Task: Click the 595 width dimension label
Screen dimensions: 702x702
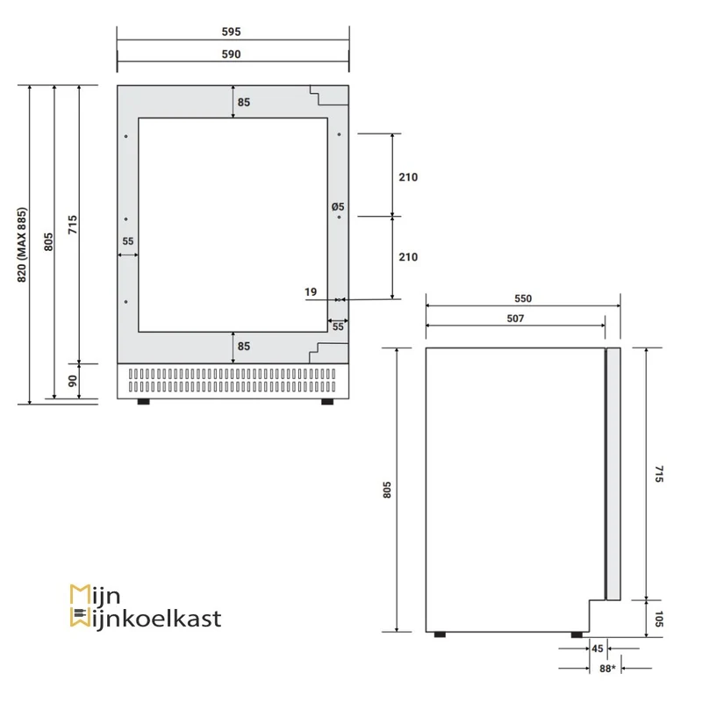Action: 231,32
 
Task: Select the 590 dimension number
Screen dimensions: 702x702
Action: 231,54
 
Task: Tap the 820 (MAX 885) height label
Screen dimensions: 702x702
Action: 22,245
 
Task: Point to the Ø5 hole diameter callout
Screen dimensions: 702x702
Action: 338,206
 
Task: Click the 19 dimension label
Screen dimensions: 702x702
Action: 311,292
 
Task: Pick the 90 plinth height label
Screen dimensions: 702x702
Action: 73,381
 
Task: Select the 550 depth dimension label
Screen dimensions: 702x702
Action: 523,298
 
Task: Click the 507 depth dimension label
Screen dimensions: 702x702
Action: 515,319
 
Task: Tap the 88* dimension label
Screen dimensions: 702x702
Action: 607,669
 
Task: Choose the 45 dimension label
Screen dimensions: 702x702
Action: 598,648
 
